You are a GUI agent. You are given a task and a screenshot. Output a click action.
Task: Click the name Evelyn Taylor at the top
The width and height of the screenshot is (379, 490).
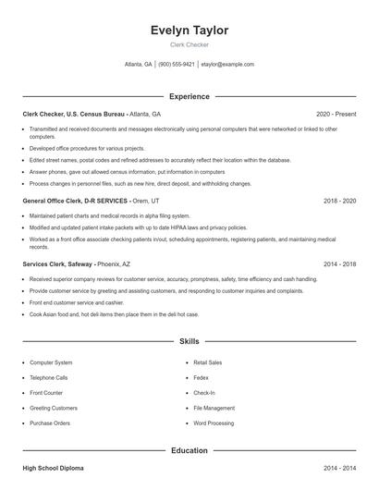(189, 31)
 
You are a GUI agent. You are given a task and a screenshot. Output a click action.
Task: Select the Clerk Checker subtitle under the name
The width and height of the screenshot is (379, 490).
(189, 44)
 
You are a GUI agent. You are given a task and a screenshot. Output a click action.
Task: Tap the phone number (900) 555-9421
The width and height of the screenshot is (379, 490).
(177, 65)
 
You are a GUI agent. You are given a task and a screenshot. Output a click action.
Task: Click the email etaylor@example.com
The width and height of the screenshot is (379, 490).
(227, 65)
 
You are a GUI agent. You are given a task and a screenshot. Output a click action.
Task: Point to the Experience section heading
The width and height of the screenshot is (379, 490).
(189, 96)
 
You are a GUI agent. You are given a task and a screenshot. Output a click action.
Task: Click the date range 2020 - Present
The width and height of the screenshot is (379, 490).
(336, 114)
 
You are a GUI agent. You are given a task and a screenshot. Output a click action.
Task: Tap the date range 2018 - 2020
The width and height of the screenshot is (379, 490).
(338, 200)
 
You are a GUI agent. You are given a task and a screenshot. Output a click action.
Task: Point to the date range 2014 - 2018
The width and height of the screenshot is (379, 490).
(338, 263)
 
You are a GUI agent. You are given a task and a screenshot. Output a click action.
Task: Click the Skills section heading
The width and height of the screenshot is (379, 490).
(189, 341)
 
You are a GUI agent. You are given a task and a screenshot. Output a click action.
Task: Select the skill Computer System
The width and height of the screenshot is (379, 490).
(51, 363)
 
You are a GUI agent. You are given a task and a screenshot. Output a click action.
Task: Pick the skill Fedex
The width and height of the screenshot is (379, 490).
(202, 378)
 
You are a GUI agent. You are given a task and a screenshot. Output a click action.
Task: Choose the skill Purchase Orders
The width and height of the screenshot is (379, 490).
(50, 423)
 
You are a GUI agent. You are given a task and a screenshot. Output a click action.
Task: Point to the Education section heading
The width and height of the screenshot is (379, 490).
(189, 450)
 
